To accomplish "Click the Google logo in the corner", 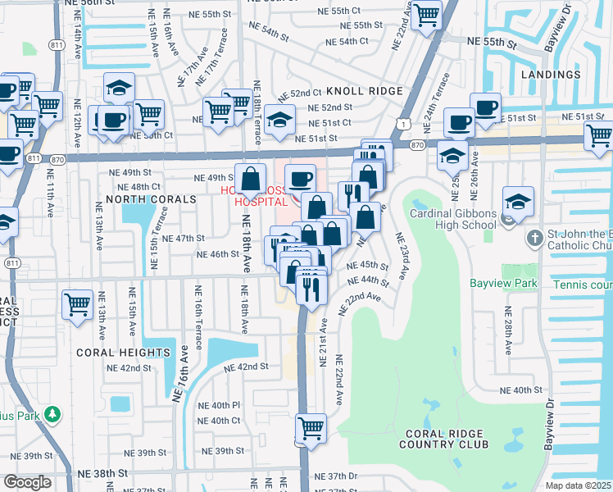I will (27, 482).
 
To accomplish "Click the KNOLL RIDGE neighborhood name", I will (365, 91).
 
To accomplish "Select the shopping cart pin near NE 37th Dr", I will (311, 427).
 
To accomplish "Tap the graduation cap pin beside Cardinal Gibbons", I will (519, 200).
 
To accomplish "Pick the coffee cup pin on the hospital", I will (301, 177).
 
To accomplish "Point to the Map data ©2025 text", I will (579, 485).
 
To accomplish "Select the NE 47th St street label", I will (183, 238).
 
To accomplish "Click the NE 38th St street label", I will (110, 473).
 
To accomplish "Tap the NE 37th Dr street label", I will (343, 476).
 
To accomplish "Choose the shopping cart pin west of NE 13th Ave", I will (77, 304).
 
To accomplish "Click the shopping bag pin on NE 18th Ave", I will (251, 177).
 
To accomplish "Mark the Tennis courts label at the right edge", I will (583, 285).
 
